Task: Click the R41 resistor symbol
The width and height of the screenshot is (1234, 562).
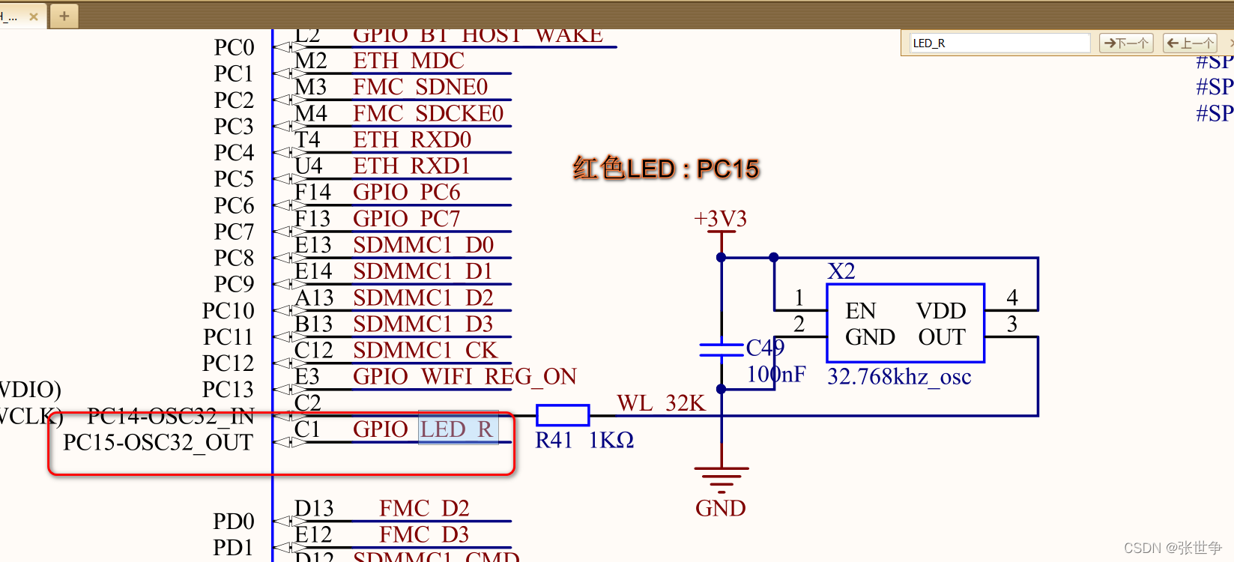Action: tap(563, 415)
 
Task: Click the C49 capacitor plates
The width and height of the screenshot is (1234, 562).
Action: tap(721, 350)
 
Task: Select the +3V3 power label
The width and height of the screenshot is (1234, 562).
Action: tap(720, 219)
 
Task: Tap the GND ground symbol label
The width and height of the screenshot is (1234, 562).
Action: tap(720, 508)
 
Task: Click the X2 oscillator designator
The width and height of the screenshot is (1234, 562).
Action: tap(841, 271)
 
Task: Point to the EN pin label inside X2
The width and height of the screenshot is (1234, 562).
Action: tap(860, 311)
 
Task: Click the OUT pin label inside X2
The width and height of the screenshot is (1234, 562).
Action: tap(941, 337)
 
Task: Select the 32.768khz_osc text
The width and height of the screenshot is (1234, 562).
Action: tap(898, 376)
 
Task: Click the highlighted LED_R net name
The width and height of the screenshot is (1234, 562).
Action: tap(457, 429)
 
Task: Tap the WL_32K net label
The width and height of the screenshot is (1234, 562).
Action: tap(660, 403)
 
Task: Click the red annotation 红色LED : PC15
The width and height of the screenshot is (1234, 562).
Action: tap(665, 169)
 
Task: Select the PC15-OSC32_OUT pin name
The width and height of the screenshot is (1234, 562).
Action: tap(158, 442)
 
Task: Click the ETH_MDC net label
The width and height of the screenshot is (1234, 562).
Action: tap(408, 61)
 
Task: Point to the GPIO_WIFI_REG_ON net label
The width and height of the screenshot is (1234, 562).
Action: tap(464, 376)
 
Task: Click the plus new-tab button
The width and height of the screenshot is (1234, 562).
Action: tap(64, 16)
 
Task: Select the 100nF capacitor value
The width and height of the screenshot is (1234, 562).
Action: tap(775, 374)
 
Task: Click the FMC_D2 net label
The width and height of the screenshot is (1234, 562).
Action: tap(423, 508)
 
